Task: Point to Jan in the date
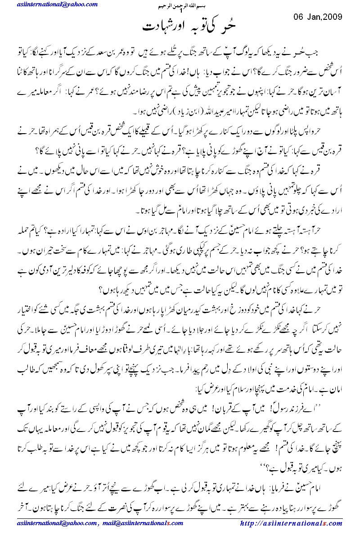coord(310,17)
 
